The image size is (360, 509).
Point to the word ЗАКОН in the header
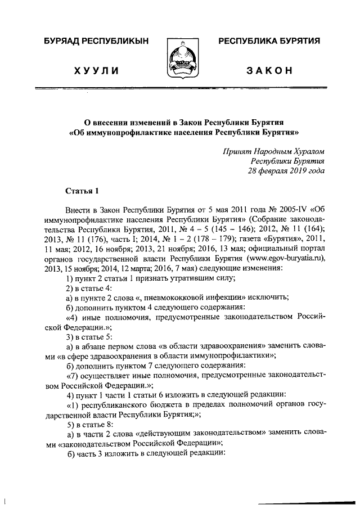pos(269,70)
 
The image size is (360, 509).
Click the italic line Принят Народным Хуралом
pos(273,151)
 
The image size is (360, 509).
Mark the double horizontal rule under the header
pos(180,89)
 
